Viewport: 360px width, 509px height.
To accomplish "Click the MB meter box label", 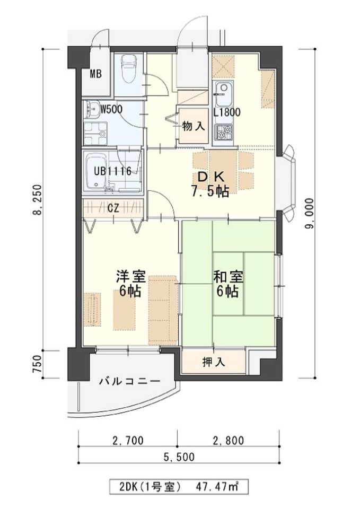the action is point(96,74).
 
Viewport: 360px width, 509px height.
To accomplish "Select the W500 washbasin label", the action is point(111,109).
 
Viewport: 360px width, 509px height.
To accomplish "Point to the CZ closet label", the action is point(113,208).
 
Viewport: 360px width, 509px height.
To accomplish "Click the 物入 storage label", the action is point(194,127).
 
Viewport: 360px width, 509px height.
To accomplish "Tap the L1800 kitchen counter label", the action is point(227,112).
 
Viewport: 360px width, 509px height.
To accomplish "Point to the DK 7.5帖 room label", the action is point(210,185).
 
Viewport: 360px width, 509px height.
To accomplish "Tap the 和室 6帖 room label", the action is point(228,284).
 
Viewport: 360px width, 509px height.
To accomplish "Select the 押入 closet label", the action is point(213,362).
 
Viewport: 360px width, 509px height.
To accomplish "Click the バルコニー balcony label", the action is point(129,381).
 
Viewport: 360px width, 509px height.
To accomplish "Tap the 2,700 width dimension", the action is point(128,441).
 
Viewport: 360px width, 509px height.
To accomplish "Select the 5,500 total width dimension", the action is point(179,457).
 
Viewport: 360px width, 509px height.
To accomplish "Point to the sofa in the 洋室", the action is point(163,310).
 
